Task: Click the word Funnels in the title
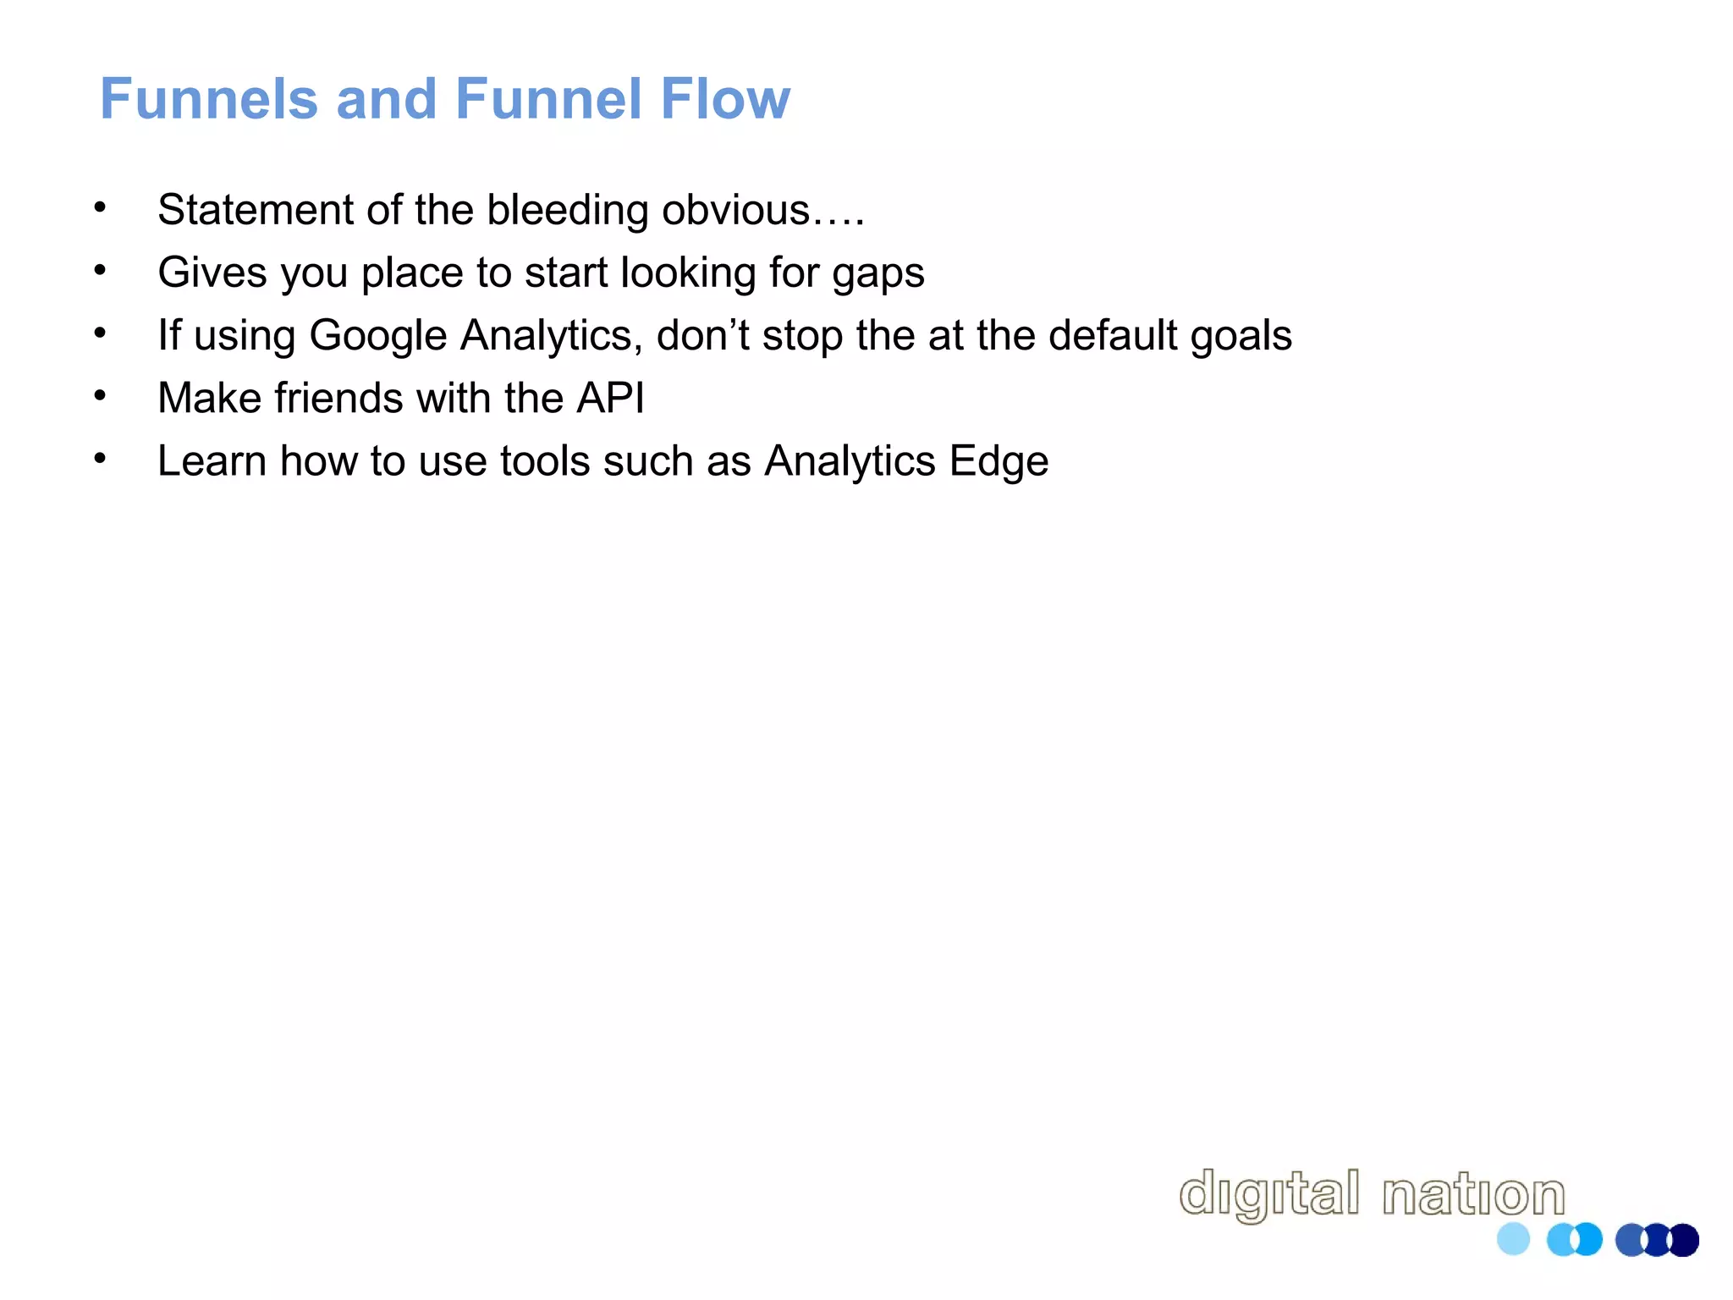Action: click(x=209, y=99)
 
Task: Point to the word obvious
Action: click(x=736, y=210)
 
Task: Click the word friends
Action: click(x=338, y=398)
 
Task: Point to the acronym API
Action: click(x=610, y=398)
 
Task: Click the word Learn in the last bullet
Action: click(x=212, y=461)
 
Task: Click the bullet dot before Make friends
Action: click(x=100, y=396)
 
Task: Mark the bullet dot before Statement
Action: click(x=100, y=207)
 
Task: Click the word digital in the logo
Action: click(x=1268, y=1194)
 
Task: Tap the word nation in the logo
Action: click(x=1473, y=1194)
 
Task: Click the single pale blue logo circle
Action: click(x=1513, y=1240)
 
